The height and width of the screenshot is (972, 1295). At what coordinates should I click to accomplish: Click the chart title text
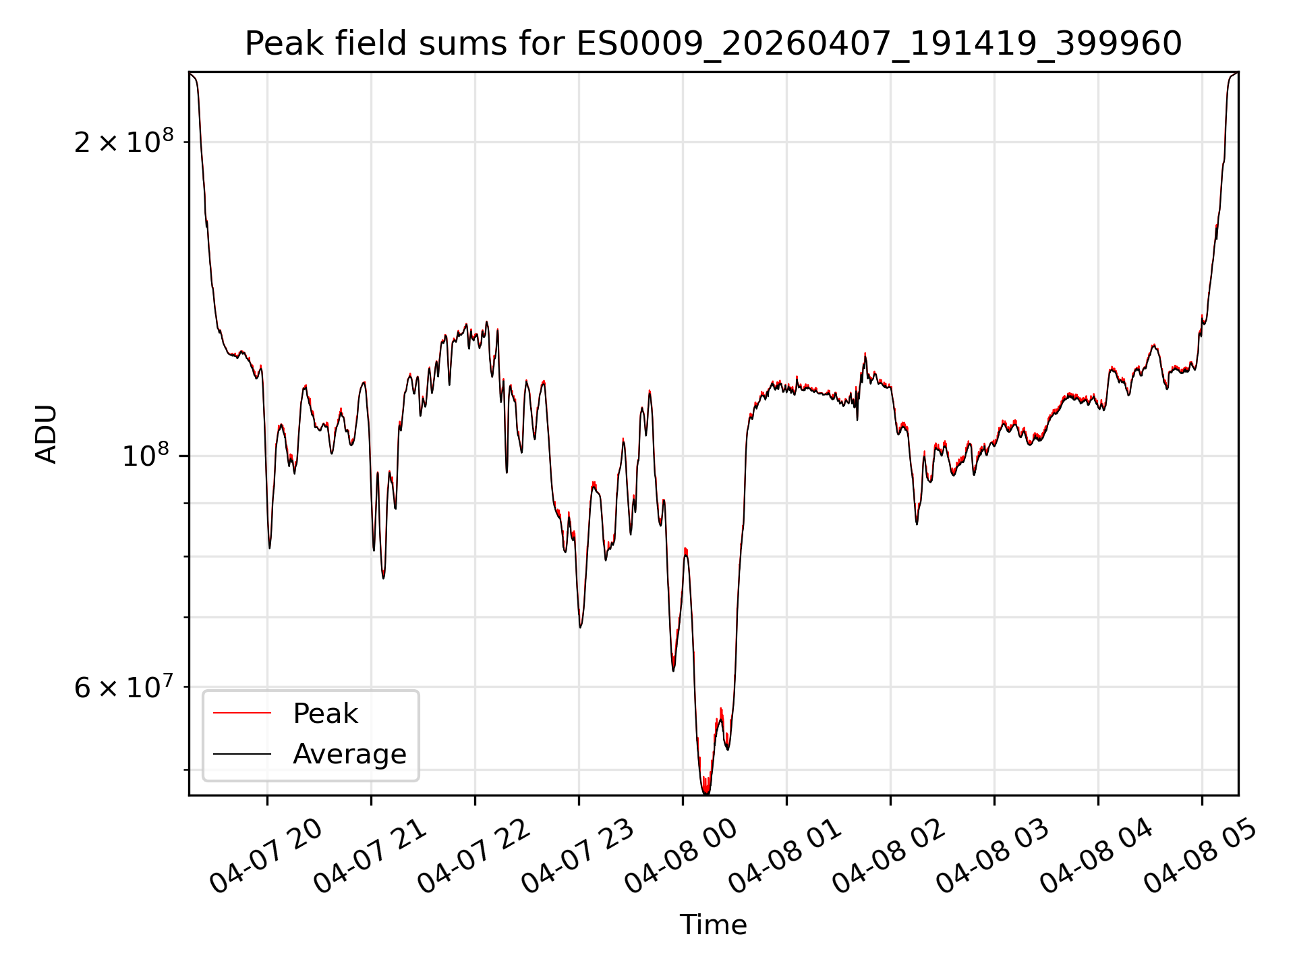click(713, 44)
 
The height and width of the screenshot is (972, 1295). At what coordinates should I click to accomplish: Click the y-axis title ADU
click(47, 434)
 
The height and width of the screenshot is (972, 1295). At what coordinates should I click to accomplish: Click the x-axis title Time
click(713, 925)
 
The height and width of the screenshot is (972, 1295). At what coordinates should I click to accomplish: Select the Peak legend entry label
click(325, 713)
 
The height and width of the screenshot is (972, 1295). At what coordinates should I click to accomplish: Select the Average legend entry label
click(349, 754)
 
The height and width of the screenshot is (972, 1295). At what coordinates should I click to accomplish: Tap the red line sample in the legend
click(242, 713)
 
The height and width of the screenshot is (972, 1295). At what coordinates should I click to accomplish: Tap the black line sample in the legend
click(242, 754)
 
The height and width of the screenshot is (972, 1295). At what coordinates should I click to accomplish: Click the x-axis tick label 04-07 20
click(266, 857)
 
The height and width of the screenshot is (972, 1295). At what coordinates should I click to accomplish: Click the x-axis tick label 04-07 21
click(370, 857)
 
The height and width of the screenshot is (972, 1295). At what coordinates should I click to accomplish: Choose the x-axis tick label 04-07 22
click(474, 857)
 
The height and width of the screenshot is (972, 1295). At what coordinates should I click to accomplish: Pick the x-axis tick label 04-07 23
click(578, 857)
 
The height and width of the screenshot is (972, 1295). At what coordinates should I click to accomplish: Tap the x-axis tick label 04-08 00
click(682, 857)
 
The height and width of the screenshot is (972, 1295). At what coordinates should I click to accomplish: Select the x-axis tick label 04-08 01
click(786, 857)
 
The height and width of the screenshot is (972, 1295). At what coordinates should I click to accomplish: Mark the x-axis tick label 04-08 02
click(890, 857)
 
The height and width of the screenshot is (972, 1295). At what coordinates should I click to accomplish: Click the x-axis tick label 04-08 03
click(994, 857)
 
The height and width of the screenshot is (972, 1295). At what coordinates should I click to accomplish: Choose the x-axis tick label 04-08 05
click(1201, 857)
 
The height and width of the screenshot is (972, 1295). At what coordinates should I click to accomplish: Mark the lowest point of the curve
click(706, 794)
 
